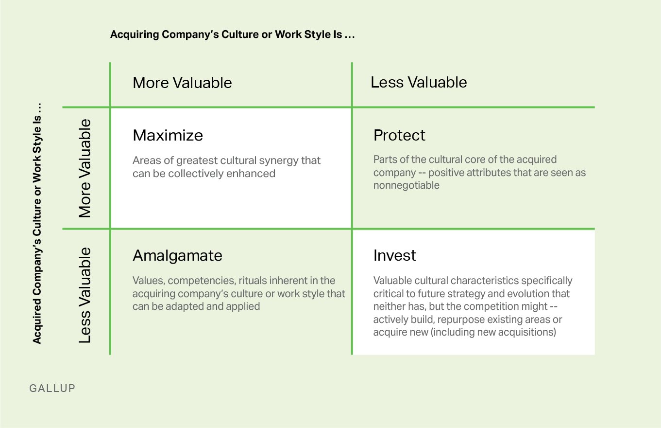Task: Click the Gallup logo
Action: [52, 388]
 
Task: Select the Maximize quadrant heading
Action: [168, 135]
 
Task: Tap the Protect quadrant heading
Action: [399, 135]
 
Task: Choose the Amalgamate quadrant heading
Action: [177, 256]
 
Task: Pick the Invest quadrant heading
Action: [394, 255]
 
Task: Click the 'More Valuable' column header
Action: [182, 83]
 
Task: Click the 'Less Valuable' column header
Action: [419, 82]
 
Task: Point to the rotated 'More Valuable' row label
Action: [85, 168]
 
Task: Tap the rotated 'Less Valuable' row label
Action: [85, 295]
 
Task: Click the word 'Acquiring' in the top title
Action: [135, 35]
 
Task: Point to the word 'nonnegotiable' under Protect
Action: [407, 186]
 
